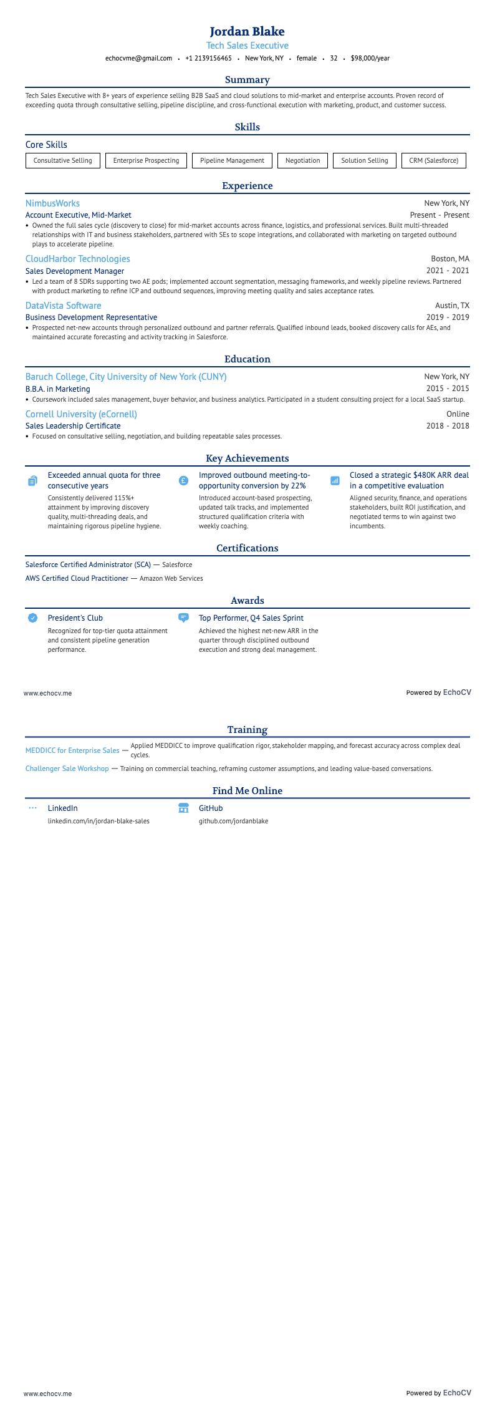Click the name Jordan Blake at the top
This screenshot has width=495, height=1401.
pyautogui.click(x=247, y=31)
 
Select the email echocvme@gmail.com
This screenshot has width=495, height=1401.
pyautogui.click(x=138, y=58)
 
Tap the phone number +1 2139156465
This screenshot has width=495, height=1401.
pyautogui.click(x=208, y=58)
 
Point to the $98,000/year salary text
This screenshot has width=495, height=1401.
pyautogui.click(x=370, y=58)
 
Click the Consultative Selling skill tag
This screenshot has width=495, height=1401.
pyautogui.click(x=62, y=160)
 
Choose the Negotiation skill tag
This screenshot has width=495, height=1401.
pyautogui.click(x=302, y=160)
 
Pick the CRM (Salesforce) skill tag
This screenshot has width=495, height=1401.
pyautogui.click(x=433, y=160)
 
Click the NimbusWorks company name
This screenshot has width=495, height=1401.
pyautogui.click(x=52, y=203)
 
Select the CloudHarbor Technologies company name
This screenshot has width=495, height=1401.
pyautogui.click(x=77, y=259)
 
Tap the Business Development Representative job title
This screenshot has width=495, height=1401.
pyautogui.click(x=91, y=318)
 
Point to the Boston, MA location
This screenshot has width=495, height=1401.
pyautogui.click(x=450, y=259)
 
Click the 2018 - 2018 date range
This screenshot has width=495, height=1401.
pyautogui.click(x=448, y=426)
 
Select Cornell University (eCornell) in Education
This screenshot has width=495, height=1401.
pyautogui.click(x=81, y=414)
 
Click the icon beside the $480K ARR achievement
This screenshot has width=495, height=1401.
pyautogui.click(x=335, y=481)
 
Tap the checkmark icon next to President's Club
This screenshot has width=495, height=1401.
pyautogui.click(x=33, y=618)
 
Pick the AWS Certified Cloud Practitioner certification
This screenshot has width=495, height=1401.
pyautogui.click(x=77, y=578)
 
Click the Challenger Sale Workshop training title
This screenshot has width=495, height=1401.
pyautogui.click(x=67, y=768)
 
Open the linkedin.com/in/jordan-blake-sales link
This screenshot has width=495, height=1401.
pyautogui.click(x=99, y=821)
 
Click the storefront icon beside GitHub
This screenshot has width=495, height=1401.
pyautogui.click(x=183, y=808)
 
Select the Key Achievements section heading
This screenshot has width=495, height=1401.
pyautogui.click(x=247, y=458)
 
